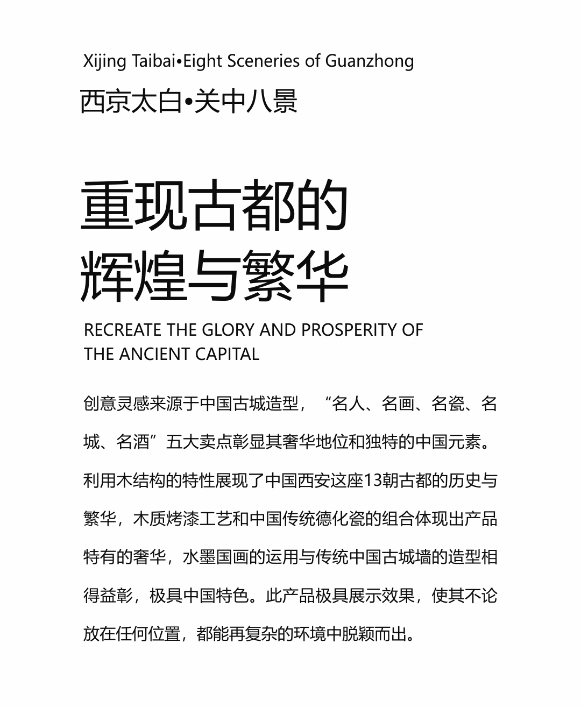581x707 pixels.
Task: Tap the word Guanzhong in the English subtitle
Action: [370, 61]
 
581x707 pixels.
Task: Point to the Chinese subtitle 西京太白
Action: [131, 101]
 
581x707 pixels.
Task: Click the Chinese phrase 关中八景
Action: [245, 101]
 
